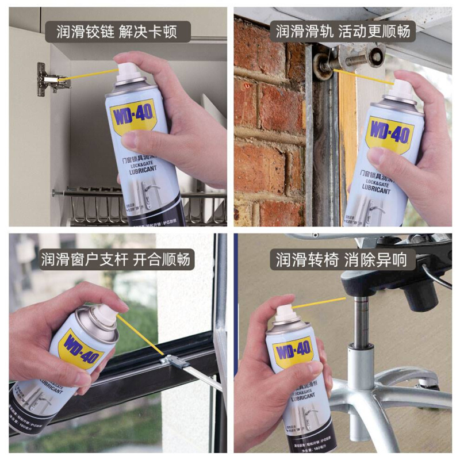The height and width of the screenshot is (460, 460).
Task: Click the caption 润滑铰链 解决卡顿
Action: click(x=118, y=32)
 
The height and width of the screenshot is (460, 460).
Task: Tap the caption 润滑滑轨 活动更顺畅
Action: click(x=343, y=32)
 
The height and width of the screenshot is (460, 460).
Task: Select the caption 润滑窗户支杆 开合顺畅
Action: click(x=118, y=259)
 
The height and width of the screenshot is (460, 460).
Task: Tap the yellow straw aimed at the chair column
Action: click(x=319, y=301)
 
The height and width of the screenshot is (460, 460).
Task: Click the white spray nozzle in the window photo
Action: click(x=103, y=314)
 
